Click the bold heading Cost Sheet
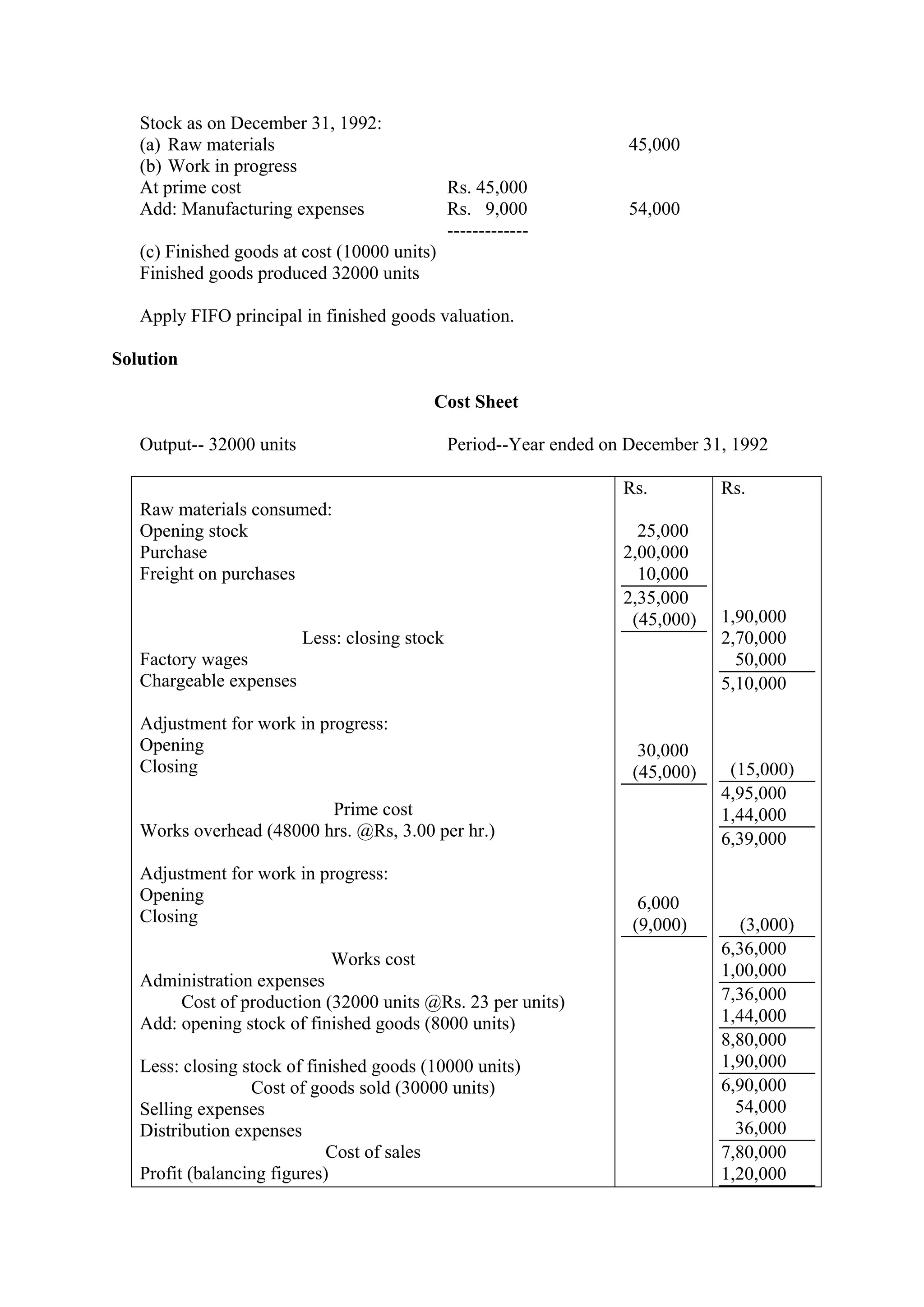(476, 402)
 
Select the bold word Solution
(145, 359)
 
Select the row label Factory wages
(194, 659)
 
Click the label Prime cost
(373, 809)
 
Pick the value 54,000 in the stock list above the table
(654, 209)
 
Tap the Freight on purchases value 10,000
(662, 574)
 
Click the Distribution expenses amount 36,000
(760, 1128)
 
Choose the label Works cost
(373, 959)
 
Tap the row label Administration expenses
(232, 981)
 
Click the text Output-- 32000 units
(218, 445)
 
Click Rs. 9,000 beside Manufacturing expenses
(487, 209)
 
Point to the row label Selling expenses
(202, 1109)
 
